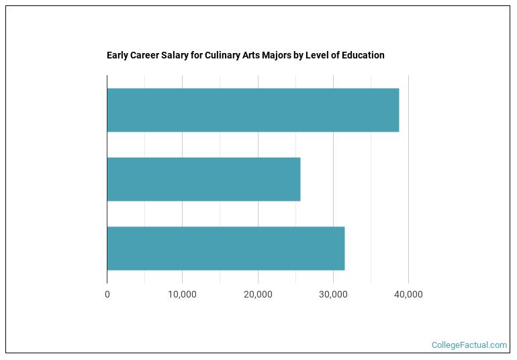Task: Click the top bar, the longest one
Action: (x=252, y=110)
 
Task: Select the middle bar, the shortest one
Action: (x=203, y=179)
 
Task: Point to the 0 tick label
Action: (x=107, y=294)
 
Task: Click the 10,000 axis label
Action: (x=182, y=294)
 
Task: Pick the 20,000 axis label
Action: (x=258, y=294)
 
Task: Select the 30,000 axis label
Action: (x=333, y=294)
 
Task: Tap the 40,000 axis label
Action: (x=408, y=294)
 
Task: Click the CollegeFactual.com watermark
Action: (x=469, y=345)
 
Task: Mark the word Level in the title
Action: (x=315, y=55)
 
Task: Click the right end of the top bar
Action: (x=398, y=110)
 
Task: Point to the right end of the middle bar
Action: (x=299, y=179)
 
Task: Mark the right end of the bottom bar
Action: (x=344, y=249)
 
